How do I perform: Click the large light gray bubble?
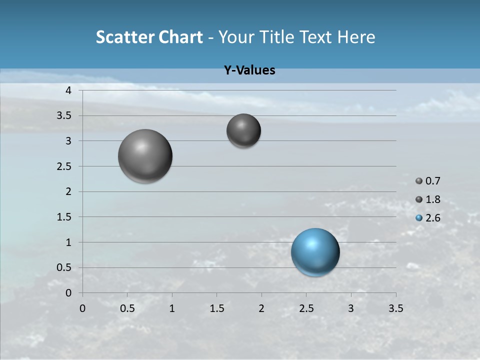(145, 156)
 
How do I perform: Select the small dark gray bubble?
(243, 130)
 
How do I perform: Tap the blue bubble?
(315, 252)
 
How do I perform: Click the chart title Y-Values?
(249, 70)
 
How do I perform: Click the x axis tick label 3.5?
(395, 308)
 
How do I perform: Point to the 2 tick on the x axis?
(261, 308)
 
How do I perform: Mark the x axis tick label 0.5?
(127, 308)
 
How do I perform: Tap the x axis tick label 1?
(172, 308)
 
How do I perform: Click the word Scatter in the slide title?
(125, 37)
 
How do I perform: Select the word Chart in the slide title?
(180, 37)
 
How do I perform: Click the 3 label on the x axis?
(351, 308)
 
